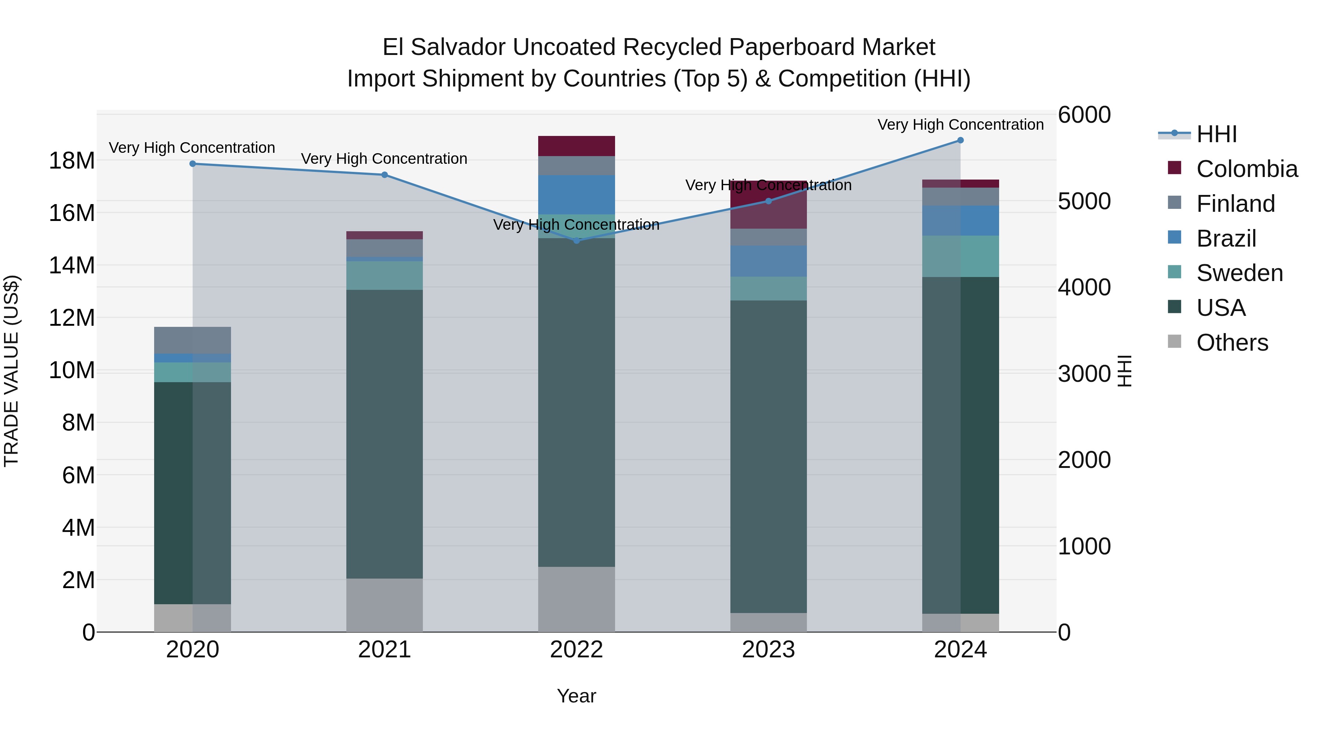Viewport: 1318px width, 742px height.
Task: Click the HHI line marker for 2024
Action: click(x=960, y=140)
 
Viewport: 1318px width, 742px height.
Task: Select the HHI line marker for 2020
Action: click(x=192, y=164)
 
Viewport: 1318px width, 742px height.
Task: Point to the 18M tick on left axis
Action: click(x=72, y=161)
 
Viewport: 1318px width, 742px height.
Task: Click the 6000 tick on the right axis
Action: click(x=1084, y=115)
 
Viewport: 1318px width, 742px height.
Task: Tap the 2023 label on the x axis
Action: click(x=768, y=650)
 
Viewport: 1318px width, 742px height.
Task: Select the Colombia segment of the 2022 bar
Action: click(x=576, y=146)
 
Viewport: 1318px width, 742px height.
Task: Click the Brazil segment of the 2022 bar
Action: click(x=576, y=195)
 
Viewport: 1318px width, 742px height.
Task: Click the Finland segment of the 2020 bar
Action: click(x=192, y=340)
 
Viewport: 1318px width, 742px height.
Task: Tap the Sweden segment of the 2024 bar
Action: click(x=960, y=256)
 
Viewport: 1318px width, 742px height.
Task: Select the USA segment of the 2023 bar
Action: click(x=768, y=456)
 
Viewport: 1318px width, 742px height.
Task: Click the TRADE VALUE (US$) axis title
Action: click(x=11, y=371)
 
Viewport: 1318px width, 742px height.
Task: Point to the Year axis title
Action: click(x=576, y=696)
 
